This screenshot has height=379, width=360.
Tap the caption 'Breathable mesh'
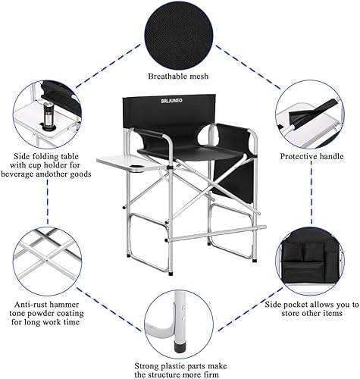(180, 76)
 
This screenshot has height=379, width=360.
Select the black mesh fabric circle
(180, 30)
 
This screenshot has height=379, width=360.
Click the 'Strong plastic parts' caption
(180, 363)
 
